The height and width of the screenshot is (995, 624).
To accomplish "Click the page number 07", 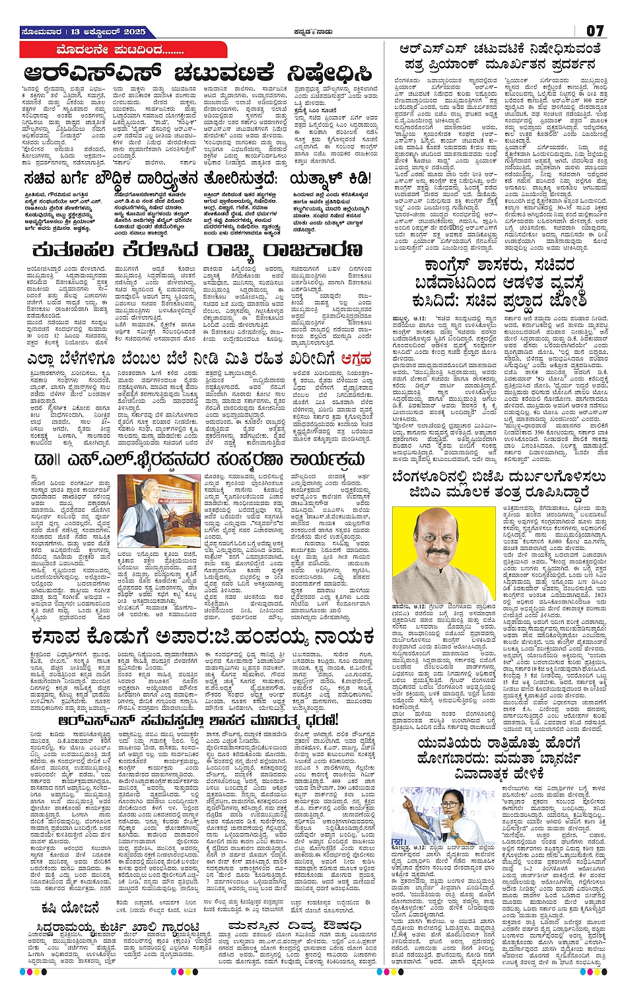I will [594, 30].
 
